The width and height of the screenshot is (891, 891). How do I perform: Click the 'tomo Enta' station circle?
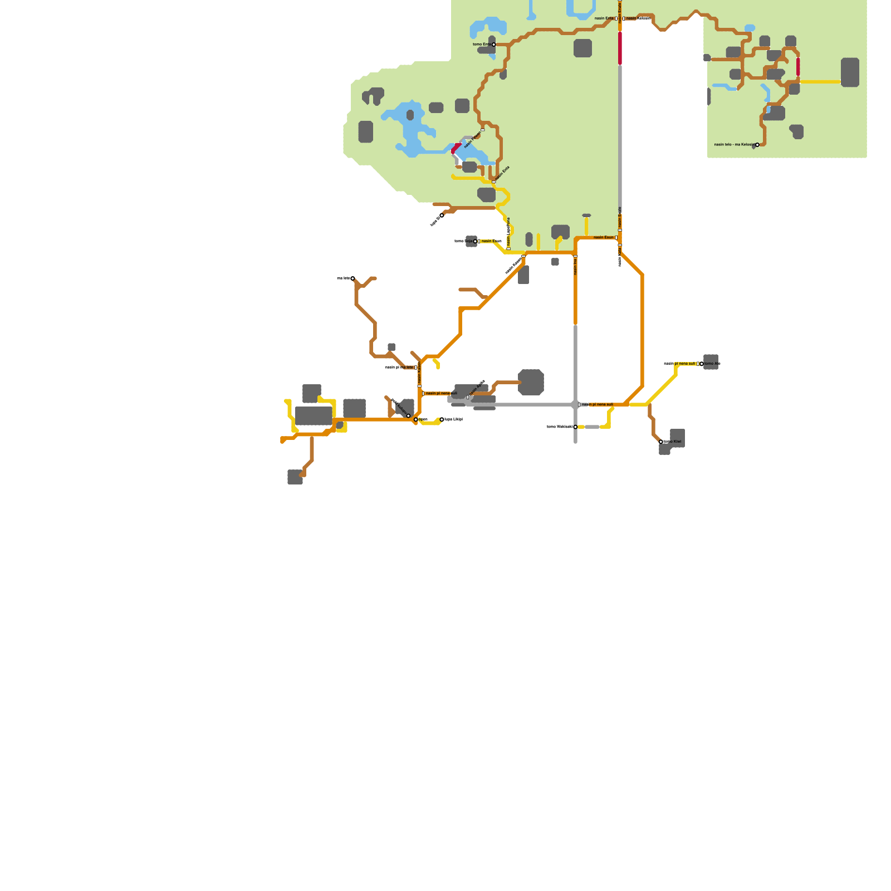coord(493,45)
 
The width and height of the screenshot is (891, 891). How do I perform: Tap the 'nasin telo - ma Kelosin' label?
coord(734,145)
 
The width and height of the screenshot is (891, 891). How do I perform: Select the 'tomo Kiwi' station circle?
coord(661,442)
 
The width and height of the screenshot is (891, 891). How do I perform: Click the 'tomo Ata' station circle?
coord(702,364)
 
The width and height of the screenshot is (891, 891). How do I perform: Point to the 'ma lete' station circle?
coord(353,278)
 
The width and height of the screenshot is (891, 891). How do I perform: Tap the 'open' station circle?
coord(416,419)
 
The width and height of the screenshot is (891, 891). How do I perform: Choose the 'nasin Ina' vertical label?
coord(575,267)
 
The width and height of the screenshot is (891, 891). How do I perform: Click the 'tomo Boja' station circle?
coord(475,241)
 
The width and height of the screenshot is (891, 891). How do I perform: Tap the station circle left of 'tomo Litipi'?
coord(442,419)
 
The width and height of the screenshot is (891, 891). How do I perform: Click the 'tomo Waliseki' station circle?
coord(575,427)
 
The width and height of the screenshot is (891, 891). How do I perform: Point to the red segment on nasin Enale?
coord(620,48)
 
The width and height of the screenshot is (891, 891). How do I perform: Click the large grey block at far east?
coord(850,72)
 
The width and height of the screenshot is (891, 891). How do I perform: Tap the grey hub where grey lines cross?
coord(575,405)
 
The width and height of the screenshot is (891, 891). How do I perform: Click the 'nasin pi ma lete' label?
coord(400,368)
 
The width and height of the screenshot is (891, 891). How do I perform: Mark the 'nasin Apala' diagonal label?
coord(477,388)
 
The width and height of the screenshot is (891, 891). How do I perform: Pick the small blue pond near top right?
coord(750,28)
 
